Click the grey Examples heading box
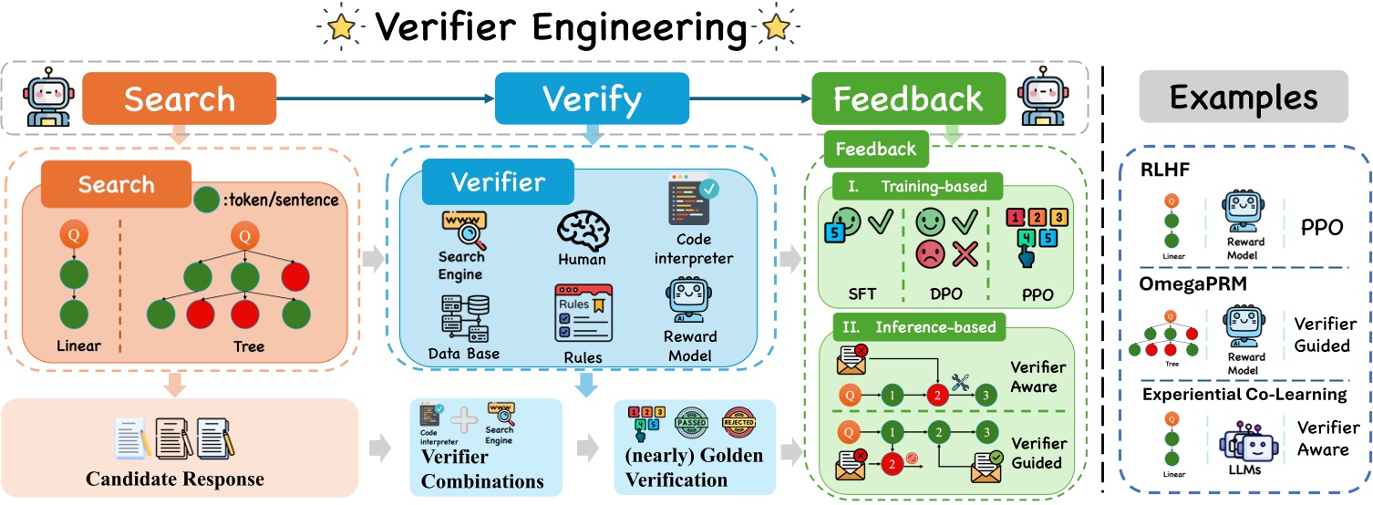pos(1244,98)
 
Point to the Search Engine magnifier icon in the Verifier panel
pos(462,231)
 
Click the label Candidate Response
pos(174,479)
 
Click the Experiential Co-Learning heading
pos(1244,395)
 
